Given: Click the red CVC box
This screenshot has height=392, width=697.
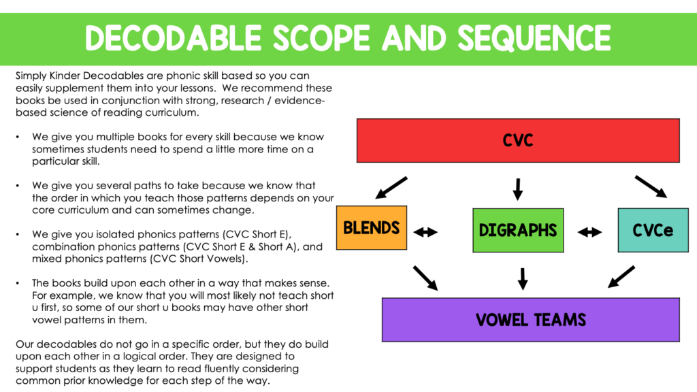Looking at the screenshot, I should tap(518, 140).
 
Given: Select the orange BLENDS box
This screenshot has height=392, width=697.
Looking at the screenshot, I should tap(371, 228).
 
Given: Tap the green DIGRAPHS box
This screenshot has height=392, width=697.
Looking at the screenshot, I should tap(518, 231).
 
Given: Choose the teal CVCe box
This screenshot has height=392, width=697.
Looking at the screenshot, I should tap(653, 230).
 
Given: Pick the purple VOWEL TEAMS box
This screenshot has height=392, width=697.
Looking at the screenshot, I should tap(530, 319).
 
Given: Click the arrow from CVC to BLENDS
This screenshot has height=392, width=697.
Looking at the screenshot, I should tap(391, 188).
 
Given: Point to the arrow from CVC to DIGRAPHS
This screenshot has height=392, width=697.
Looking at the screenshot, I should tap(518, 189).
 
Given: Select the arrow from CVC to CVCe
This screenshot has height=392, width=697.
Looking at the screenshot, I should tap(651, 186).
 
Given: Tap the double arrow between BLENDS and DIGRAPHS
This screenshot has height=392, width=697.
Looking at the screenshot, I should tap(426, 232).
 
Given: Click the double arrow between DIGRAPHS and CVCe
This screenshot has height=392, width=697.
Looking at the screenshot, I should tap(589, 232).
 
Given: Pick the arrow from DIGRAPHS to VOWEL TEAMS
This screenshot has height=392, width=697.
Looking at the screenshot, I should tap(523, 278).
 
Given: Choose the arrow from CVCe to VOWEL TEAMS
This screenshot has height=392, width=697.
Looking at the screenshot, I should tap(620, 276).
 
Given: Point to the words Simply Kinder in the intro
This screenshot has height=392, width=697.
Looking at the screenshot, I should tap(47, 76).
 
